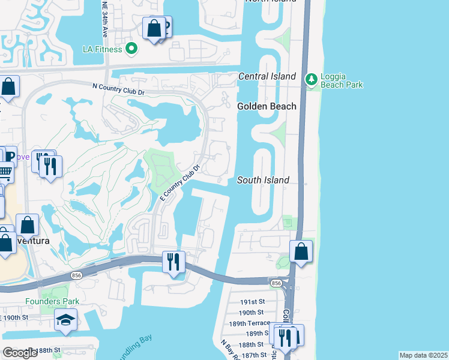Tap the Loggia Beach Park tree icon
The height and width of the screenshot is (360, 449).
point(311,79)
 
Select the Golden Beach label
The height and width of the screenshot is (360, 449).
point(267,106)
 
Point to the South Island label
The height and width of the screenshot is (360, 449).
point(263,180)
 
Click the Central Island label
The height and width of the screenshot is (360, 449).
point(267,76)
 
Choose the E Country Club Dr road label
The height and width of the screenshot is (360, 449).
point(179,179)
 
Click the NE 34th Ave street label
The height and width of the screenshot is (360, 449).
point(104,20)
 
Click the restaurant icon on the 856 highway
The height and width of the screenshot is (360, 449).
point(173,262)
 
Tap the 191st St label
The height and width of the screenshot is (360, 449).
point(252,302)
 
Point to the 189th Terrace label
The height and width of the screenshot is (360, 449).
point(249,323)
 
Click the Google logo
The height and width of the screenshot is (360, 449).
point(20,352)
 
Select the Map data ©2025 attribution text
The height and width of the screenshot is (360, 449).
point(423,355)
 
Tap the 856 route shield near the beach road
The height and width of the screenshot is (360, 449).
point(276,283)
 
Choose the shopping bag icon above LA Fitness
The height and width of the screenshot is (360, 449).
point(154,28)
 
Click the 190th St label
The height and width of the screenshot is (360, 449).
point(252,313)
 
